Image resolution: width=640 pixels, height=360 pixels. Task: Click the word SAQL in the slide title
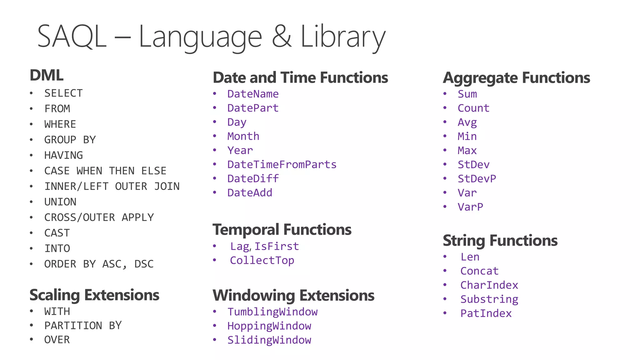(x=72, y=37)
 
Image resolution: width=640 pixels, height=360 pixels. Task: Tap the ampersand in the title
(x=282, y=37)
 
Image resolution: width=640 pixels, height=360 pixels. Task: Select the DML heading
(x=47, y=75)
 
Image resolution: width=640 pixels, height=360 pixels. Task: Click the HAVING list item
(x=63, y=155)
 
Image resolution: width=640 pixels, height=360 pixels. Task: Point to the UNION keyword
(x=60, y=202)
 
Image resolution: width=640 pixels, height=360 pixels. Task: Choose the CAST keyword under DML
(x=57, y=233)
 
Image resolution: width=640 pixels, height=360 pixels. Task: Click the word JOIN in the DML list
(x=167, y=187)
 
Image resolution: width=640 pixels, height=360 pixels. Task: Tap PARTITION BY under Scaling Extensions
(x=83, y=326)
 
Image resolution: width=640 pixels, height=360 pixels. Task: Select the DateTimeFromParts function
(x=282, y=165)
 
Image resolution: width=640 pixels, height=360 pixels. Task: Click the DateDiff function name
(x=253, y=179)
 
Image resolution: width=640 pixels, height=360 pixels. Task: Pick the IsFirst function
(x=277, y=247)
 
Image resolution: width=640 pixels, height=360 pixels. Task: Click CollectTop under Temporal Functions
(x=262, y=261)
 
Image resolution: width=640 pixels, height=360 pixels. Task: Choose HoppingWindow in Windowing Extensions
(x=269, y=326)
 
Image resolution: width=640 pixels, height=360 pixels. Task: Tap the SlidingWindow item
(x=269, y=340)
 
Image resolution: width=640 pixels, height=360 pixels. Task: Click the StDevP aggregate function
(x=477, y=179)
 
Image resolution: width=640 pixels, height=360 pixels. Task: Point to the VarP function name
(x=470, y=207)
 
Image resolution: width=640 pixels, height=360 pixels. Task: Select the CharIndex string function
(x=489, y=285)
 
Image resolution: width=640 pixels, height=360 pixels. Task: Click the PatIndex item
(x=486, y=313)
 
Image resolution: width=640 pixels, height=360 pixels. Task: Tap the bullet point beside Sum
(x=445, y=94)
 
